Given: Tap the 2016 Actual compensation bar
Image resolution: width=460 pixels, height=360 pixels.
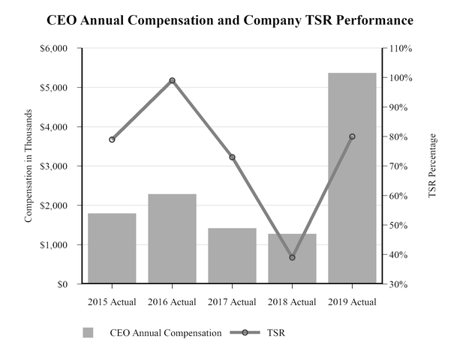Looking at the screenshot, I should click(x=172, y=239).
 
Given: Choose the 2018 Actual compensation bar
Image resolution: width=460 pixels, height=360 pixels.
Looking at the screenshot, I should click(x=292, y=259).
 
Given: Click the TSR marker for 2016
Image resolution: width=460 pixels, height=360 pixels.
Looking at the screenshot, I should click(x=172, y=80).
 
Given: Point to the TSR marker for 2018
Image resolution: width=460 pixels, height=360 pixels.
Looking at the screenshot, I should click(x=292, y=257).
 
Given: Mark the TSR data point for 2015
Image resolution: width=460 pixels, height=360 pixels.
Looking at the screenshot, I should click(x=112, y=139).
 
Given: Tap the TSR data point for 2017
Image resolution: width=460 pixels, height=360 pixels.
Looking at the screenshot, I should click(x=232, y=157).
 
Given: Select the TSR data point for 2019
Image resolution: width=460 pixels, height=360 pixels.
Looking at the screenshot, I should click(x=352, y=136).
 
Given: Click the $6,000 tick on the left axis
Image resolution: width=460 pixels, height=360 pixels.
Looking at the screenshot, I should click(x=53, y=49).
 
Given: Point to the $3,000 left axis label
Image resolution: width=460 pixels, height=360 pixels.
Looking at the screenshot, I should click(x=53, y=166).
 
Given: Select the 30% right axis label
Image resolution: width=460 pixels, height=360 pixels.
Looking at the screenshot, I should click(x=398, y=284).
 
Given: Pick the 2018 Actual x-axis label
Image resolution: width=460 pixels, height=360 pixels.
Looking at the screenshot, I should click(x=292, y=302).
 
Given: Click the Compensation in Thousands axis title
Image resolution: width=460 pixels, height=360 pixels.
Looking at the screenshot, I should click(x=29, y=166).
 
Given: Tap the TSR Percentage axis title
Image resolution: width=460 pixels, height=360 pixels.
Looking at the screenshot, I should click(x=432, y=166).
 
